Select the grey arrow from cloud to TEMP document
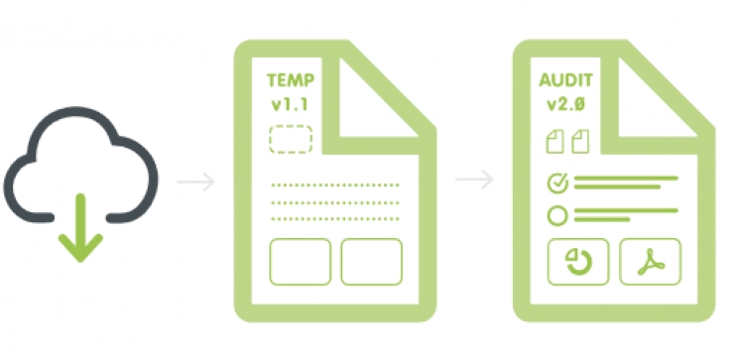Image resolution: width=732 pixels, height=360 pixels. click(x=194, y=181)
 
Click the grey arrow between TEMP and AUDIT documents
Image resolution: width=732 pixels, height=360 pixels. click(x=473, y=180)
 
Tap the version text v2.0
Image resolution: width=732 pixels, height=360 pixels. click(x=567, y=103)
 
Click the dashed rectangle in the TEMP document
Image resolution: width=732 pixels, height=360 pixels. click(x=291, y=139)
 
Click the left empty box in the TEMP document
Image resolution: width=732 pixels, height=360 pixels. click(x=300, y=261)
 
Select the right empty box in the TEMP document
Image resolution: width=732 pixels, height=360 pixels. click(x=371, y=261)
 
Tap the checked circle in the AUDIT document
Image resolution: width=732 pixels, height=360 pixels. click(x=557, y=182)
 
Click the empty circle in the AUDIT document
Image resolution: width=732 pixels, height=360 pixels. click(x=557, y=214)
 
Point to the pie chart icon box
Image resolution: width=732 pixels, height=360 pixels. click(x=578, y=262)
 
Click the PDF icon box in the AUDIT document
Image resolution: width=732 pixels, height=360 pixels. click(x=650, y=262)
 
